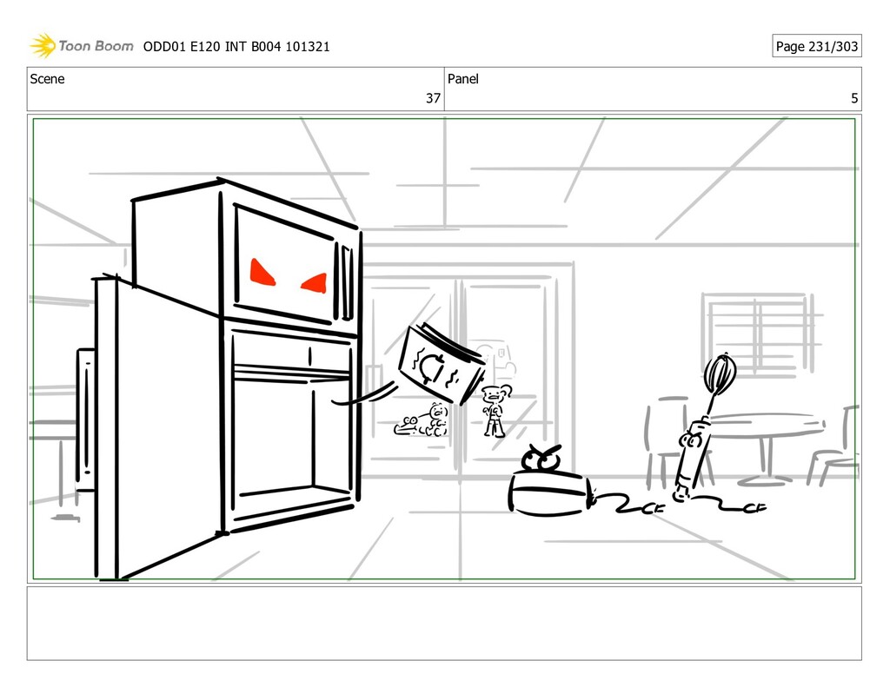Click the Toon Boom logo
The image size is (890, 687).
82,46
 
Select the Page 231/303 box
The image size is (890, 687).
816,46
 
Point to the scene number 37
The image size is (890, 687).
432,98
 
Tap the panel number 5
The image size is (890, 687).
854,98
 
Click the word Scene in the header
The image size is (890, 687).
47,79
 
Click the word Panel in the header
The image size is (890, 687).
462,79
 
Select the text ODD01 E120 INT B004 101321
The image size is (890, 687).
236,47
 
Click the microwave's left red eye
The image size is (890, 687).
262,272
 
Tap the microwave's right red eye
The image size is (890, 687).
315,282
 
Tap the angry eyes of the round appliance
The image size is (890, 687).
542,459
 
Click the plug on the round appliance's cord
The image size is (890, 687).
652,509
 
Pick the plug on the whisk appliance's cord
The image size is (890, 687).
754,506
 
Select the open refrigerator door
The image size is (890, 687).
156,426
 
